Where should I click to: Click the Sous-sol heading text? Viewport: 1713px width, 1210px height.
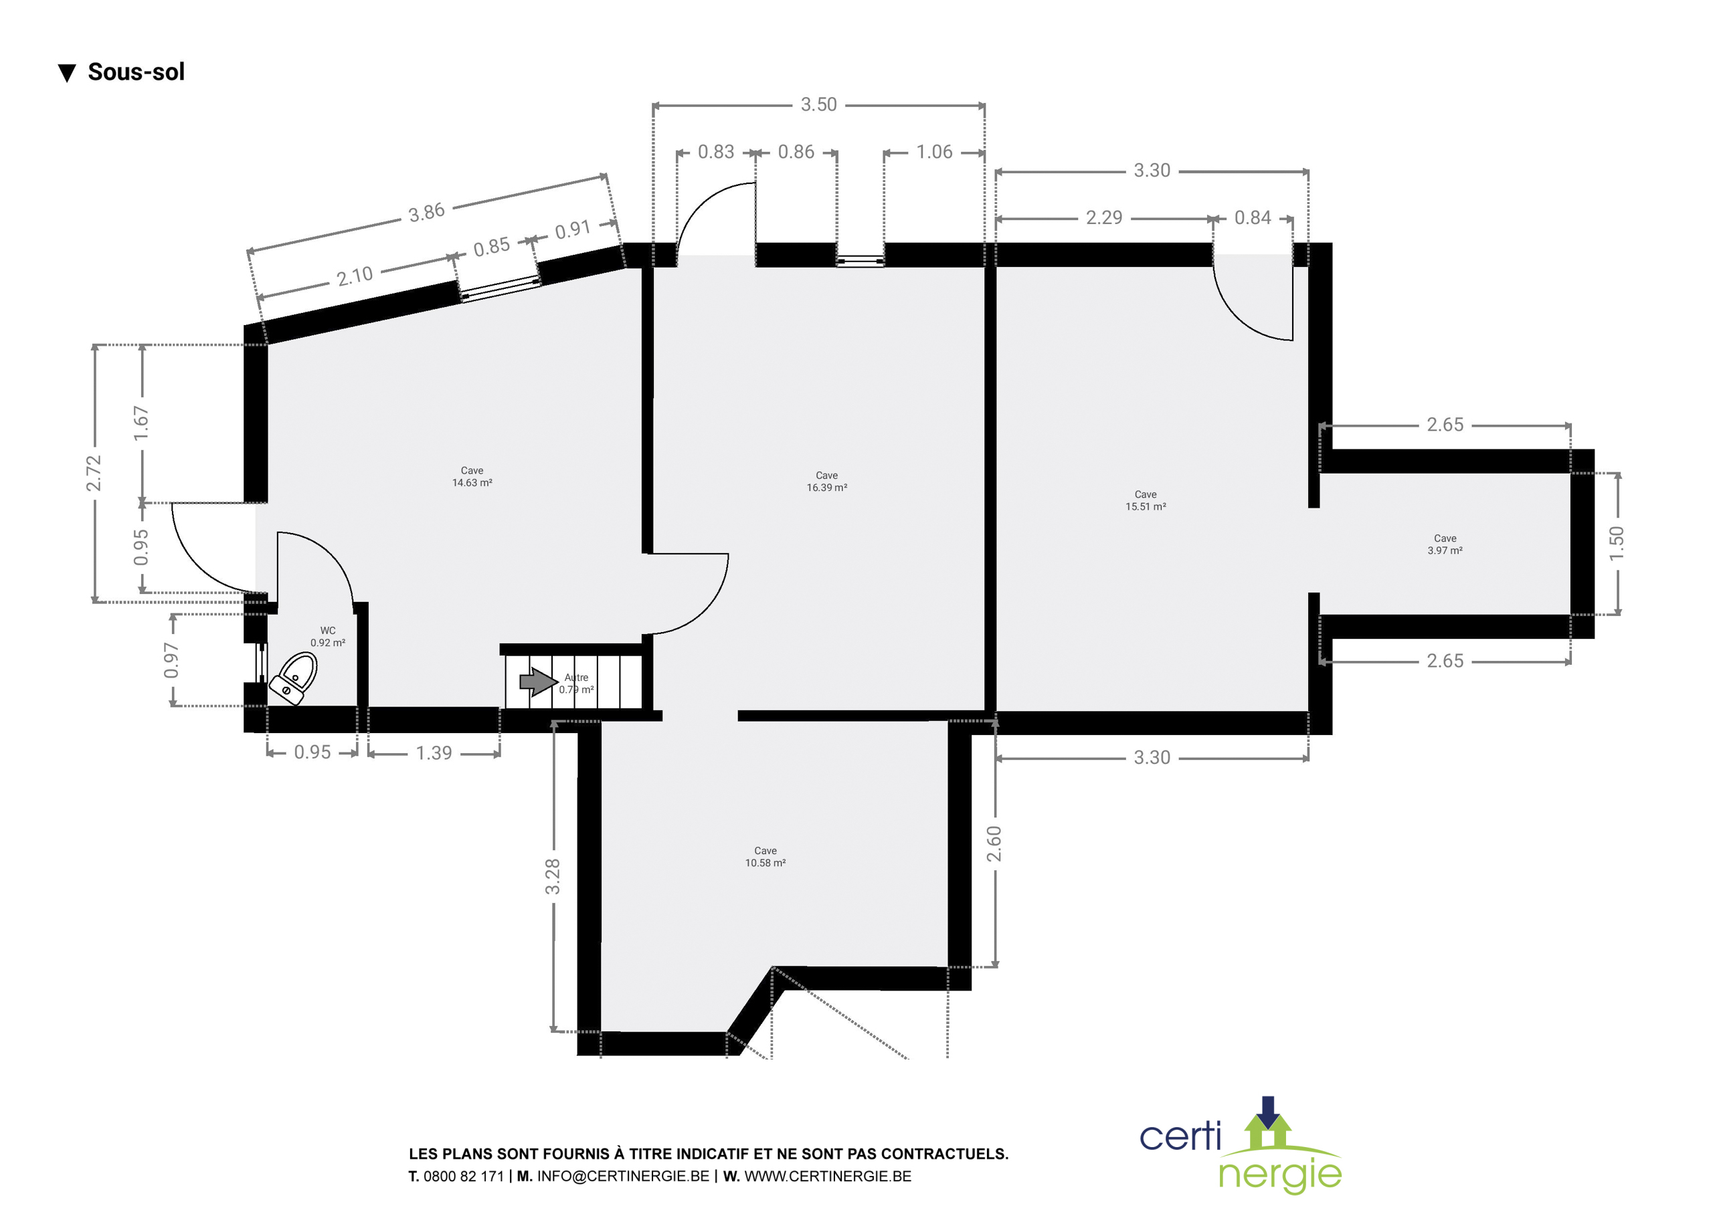[136, 72]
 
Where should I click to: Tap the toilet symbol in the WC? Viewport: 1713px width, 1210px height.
[293, 678]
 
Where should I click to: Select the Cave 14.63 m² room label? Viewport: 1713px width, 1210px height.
[472, 477]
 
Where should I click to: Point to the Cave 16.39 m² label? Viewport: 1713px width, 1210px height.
[826, 481]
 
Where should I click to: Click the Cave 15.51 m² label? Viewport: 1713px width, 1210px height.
[1145, 500]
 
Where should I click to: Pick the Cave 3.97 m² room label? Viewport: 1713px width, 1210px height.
[1445, 544]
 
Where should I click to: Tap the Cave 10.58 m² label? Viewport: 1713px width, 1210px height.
[765, 856]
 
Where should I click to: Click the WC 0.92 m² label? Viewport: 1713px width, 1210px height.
[327, 636]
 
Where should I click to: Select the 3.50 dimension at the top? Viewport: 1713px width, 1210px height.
[818, 104]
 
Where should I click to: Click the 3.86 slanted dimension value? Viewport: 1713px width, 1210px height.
[427, 213]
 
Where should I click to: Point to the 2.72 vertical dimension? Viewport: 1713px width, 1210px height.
[93, 473]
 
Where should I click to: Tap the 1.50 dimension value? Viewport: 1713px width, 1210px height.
[1616, 543]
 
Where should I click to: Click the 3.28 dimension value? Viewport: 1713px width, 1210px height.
[552, 876]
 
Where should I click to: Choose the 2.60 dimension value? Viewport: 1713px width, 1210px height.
[994, 843]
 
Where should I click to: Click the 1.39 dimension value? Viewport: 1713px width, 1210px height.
[434, 752]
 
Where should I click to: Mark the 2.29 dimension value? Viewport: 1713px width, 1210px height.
[1103, 217]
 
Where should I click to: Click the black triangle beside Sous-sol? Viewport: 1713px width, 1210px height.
[67, 73]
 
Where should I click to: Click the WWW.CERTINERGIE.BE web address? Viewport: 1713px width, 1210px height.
[828, 1177]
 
